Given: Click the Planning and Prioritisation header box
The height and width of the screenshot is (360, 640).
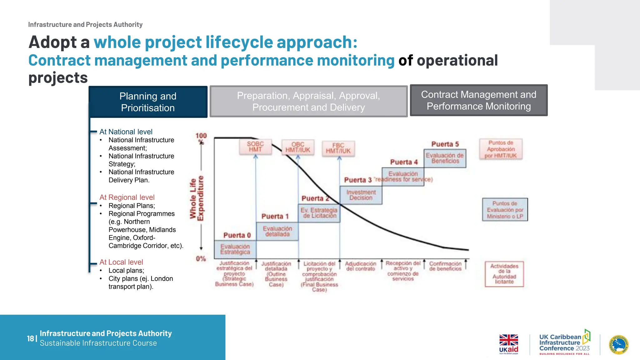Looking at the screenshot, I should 148,102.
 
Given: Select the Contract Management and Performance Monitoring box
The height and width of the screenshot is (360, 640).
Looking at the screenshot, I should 478,100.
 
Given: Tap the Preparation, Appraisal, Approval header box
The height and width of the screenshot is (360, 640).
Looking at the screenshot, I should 308,101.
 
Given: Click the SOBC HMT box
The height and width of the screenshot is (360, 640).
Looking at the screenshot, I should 255,147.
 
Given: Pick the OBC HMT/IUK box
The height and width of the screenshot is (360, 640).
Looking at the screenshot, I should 298,147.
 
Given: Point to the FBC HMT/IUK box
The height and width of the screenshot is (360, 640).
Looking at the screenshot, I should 338,148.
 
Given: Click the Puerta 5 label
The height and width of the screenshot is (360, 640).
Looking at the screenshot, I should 445,144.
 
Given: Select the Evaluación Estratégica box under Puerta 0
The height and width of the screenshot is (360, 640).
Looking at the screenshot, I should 235,249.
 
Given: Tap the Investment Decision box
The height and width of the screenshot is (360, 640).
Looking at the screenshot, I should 361,195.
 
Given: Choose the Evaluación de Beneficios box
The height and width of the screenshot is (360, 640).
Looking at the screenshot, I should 445,158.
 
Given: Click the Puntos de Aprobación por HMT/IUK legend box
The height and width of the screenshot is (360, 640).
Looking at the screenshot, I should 501,149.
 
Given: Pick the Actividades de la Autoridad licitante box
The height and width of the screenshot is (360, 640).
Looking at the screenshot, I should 504,274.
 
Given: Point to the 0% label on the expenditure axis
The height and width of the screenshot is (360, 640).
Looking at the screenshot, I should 201,259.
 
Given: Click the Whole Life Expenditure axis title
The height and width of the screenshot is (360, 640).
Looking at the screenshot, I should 197,198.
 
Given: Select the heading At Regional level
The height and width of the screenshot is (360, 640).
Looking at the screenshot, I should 127,197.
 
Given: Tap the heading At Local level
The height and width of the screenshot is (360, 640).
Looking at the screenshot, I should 121,262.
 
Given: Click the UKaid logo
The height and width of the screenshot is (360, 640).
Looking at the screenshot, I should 508,344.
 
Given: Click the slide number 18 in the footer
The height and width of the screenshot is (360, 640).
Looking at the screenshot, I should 30,338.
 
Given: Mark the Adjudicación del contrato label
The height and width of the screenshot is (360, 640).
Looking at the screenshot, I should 360,266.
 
